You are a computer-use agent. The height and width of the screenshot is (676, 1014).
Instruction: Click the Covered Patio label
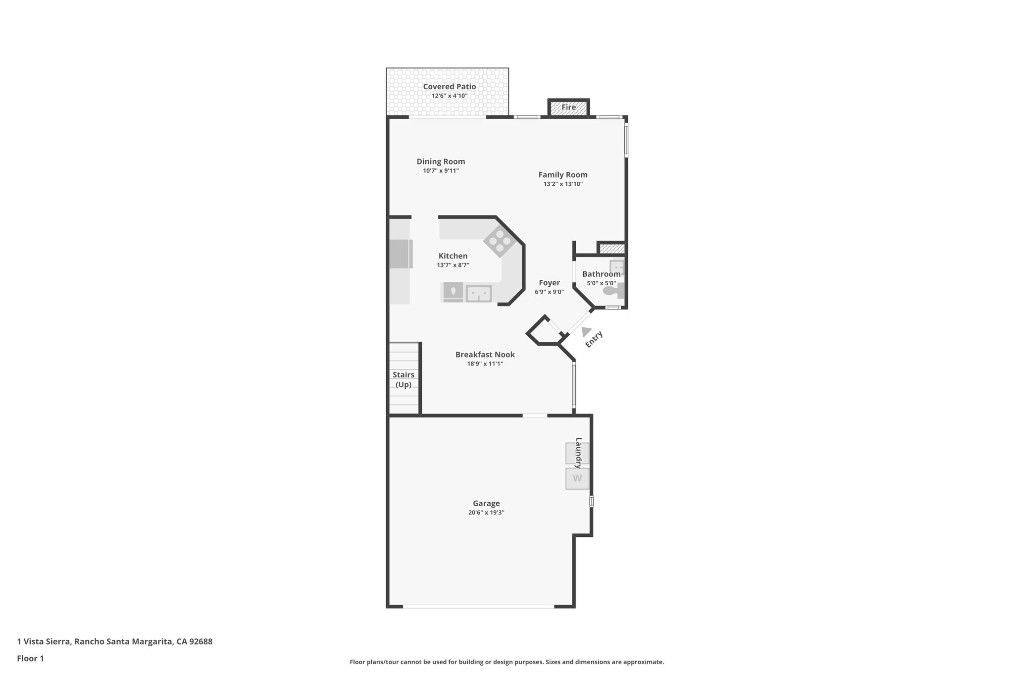[449, 87]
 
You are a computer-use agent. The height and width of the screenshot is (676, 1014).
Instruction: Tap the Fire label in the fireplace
[568, 107]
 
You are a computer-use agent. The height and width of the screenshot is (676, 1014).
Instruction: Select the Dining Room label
[441, 161]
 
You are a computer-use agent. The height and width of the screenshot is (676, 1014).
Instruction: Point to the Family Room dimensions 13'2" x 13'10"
[563, 184]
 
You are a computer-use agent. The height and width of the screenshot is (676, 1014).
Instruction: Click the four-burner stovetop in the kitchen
[500, 241]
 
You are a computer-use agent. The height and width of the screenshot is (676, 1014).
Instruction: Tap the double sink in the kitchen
[478, 294]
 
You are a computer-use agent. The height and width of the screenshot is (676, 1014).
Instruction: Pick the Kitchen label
[453, 256]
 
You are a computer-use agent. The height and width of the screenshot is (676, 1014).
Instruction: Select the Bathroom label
[601, 274]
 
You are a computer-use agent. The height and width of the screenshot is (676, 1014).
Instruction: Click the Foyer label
[549, 283]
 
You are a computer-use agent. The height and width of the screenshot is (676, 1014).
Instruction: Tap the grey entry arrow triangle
[586, 331]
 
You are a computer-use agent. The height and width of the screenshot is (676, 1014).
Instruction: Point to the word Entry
[594, 339]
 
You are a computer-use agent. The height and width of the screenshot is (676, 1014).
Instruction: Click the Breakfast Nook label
[485, 355]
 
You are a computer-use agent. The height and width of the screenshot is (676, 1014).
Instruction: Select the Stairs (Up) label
[404, 379]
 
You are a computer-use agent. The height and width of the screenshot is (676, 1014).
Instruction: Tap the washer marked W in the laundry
[577, 478]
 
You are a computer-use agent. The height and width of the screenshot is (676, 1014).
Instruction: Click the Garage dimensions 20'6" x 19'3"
[486, 513]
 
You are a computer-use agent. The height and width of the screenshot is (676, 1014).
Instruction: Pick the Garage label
[486, 503]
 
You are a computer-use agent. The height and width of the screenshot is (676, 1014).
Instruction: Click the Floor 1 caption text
[30, 659]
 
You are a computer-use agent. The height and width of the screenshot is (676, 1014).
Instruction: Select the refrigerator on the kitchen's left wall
[401, 254]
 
